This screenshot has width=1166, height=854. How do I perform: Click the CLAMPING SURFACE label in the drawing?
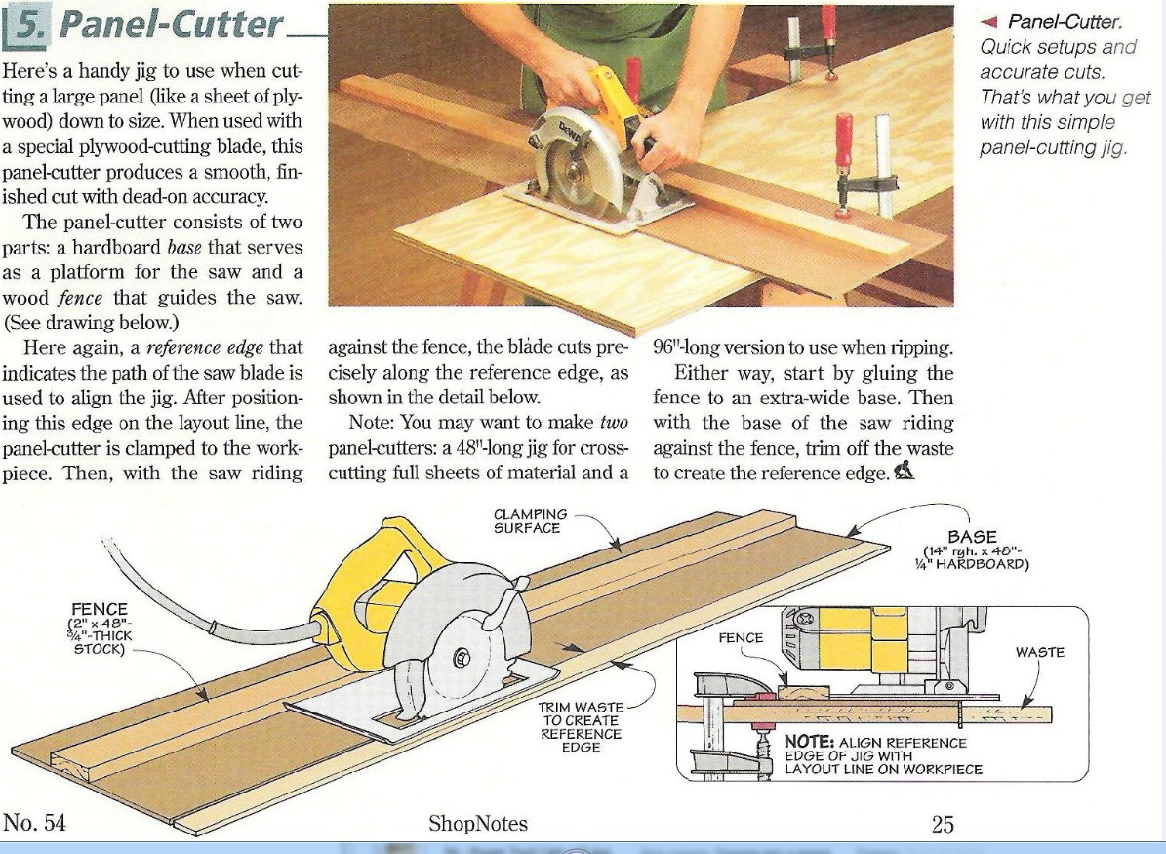pyautogui.click(x=530, y=521)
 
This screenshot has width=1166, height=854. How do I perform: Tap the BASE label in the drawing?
pyautogui.click(x=972, y=537)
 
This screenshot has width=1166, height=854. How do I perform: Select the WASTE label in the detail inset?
pyautogui.click(x=1039, y=652)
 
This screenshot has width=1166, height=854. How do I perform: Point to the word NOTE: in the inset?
pyautogui.click(x=809, y=742)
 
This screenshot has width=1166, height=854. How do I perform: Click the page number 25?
pyautogui.click(x=943, y=825)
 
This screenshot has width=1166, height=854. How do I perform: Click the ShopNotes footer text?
pyautogui.click(x=478, y=824)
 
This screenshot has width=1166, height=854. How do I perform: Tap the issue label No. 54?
pyautogui.click(x=34, y=823)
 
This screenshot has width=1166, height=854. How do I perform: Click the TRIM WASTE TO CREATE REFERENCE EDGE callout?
pyautogui.click(x=581, y=727)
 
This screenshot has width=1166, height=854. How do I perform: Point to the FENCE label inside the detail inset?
pyautogui.click(x=741, y=638)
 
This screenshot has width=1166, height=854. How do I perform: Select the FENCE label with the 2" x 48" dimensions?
pyautogui.click(x=101, y=609)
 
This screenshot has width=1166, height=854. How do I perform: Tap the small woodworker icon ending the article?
pyautogui.click(x=905, y=470)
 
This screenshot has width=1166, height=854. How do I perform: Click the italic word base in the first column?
pyautogui.click(x=185, y=247)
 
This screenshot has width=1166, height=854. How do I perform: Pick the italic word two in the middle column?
pyautogui.click(x=614, y=423)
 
